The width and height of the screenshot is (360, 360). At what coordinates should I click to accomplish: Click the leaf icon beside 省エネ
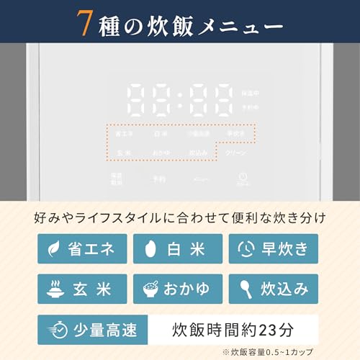point(54,248)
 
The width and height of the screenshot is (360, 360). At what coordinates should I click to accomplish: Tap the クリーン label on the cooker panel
point(236,153)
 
